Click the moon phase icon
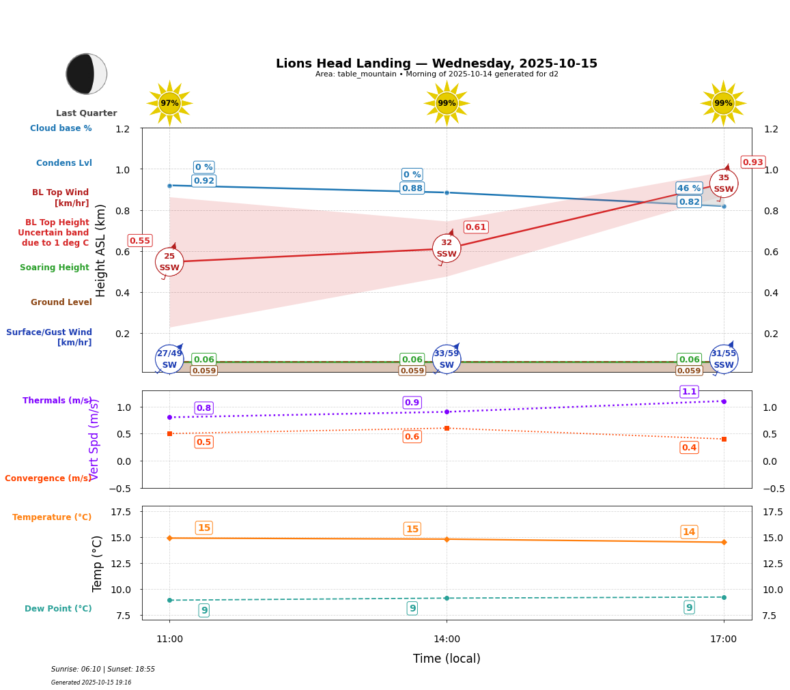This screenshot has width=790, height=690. click(x=87, y=74)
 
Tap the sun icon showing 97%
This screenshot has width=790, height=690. click(x=169, y=103)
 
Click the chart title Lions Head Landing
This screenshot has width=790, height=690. click(x=436, y=63)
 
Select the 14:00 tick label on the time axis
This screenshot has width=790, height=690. click(x=447, y=639)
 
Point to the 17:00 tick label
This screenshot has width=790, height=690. click(x=723, y=639)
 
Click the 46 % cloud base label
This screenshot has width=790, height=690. click(x=689, y=188)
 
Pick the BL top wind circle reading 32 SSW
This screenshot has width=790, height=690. click(x=447, y=248)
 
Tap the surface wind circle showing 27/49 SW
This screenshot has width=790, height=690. click(x=169, y=359)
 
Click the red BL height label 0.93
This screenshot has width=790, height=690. click(x=752, y=162)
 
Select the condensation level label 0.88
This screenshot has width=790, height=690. click(x=412, y=188)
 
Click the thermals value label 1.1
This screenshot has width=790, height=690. click(x=689, y=392)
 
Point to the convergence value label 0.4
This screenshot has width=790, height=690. click(x=689, y=448)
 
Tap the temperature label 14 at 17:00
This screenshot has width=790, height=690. click(x=689, y=532)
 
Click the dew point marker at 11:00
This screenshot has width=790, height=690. click(x=169, y=600)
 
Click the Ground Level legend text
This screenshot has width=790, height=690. click(x=61, y=302)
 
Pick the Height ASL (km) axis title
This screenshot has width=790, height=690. click(x=101, y=250)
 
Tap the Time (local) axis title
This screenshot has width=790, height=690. click(x=447, y=659)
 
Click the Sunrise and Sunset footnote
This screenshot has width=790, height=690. click(x=103, y=670)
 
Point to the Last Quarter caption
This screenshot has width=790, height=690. click(x=87, y=113)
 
